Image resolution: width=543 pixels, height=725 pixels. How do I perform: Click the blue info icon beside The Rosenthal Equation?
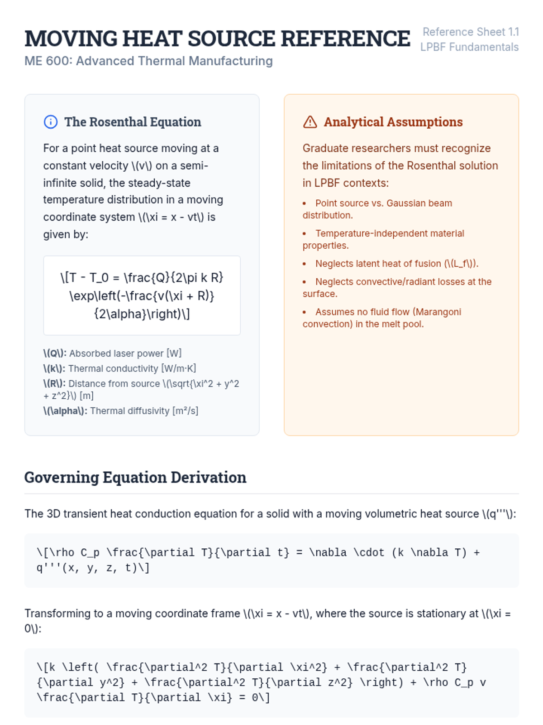pos(51,122)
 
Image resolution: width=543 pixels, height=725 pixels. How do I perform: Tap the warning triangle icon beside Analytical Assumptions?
pos(310,122)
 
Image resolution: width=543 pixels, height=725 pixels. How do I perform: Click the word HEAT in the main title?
pos(152,39)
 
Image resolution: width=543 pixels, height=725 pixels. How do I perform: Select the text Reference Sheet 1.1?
pos(471,32)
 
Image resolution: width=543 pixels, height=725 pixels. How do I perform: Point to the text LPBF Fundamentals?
pos(469,47)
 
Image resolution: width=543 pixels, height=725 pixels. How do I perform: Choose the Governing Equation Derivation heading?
pos(135,478)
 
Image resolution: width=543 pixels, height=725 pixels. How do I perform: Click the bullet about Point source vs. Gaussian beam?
pos(383,203)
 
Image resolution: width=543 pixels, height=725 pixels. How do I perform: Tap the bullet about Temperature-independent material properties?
pos(389,234)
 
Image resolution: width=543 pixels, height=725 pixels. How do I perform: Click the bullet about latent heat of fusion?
pos(396,264)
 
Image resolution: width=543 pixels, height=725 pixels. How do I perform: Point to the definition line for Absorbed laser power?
pos(112,353)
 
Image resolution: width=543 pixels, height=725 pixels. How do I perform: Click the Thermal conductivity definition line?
pos(119,369)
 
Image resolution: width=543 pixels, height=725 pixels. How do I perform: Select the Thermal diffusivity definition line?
pos(121,411)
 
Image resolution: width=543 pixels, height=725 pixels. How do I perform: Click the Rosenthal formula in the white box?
pos(142,295)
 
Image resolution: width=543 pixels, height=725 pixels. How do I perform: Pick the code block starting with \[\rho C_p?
pos(271,560)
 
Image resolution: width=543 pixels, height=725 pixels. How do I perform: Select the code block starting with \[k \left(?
pos(271,682)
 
